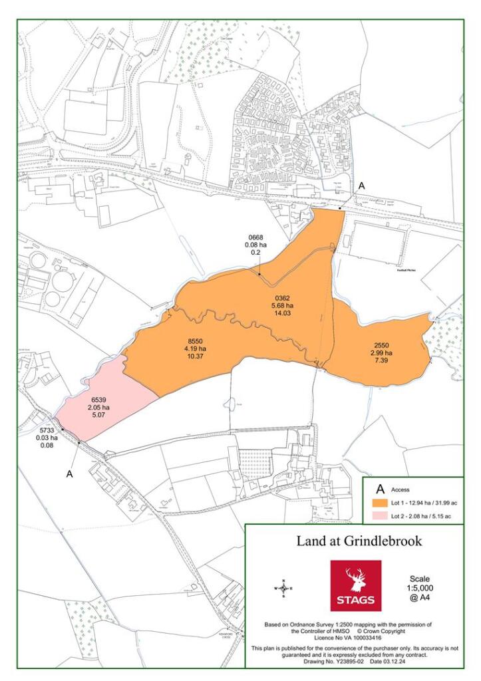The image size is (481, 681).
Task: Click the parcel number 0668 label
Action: coord(256,237)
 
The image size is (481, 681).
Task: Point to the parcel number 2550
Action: coord(382,345)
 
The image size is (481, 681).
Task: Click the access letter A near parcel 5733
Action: coord(69,474)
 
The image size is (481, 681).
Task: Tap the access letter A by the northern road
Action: coord(361,188)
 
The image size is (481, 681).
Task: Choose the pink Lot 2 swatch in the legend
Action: coord(380,516)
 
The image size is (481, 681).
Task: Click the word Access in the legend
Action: coord(401,489)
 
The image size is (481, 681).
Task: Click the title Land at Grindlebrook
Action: coord(359,541)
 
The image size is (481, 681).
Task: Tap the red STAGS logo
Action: coord(356,585)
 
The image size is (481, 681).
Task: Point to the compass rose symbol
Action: coord(283,589)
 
